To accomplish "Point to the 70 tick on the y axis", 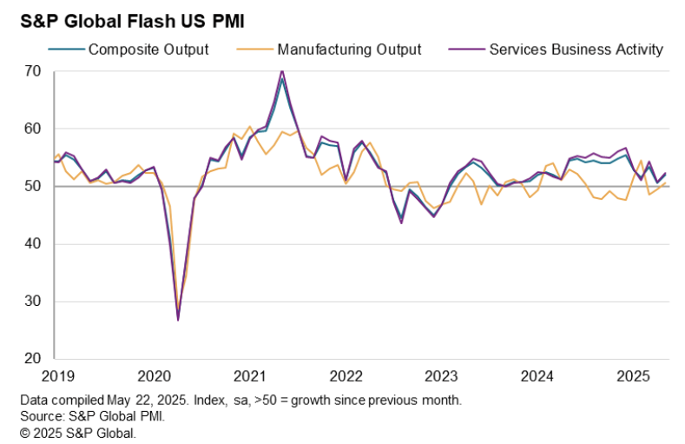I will coord(34,71).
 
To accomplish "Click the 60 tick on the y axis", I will coord(34,129).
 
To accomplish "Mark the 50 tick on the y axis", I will coord(34,186).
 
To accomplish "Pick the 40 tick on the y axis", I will coord(34,244).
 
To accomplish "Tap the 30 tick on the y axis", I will coord(34,302).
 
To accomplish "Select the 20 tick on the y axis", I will coord(34,359).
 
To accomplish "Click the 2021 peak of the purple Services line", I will coord(282,70).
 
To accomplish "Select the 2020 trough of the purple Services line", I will coord(178,320).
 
